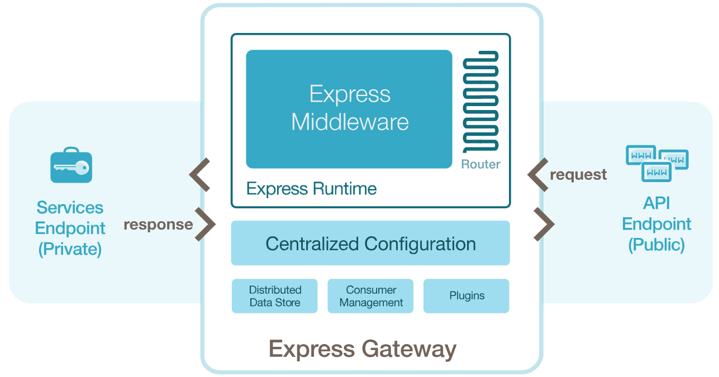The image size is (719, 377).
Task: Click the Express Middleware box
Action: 349,109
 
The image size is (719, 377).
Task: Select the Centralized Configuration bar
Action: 370,244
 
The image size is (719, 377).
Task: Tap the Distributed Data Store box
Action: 275,296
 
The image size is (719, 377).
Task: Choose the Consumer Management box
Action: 371,296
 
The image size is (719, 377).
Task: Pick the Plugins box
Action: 466,296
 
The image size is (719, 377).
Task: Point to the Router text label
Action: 480,164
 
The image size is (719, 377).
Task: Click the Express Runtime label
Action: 311,189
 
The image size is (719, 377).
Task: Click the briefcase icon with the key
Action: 71,165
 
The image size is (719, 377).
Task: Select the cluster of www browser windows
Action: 656,163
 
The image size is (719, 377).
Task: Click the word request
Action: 578,175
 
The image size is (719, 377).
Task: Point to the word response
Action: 158,225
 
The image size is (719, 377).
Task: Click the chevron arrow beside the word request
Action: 539,175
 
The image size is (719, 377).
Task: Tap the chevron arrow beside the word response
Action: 205,225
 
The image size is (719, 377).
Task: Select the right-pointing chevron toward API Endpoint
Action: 544,225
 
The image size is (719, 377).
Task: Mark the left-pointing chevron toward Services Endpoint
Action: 199,175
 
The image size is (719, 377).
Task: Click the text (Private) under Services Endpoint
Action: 70,249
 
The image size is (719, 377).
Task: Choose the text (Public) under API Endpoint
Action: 656,245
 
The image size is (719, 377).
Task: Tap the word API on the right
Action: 656,203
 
